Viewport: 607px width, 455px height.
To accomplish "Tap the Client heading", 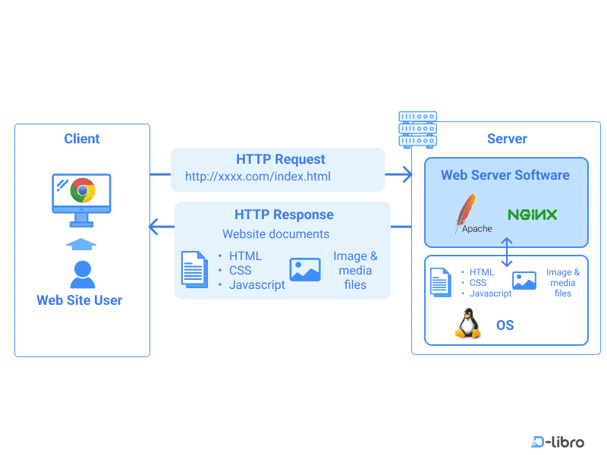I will point(82,139).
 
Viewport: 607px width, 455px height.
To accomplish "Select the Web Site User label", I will point(80,300).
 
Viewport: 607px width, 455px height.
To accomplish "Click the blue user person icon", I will point(82,274).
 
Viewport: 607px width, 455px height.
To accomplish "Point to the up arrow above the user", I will point(82,243).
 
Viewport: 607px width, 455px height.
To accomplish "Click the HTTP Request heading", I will point(281,159).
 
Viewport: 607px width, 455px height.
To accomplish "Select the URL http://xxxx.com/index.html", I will point(258,177).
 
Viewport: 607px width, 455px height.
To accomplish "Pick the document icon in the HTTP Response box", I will point(194,269).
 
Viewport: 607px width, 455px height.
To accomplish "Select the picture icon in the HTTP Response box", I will point(305,270).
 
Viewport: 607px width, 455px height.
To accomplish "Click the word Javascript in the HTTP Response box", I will point(257,285).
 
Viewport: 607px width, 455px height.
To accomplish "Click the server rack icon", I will point(418,130).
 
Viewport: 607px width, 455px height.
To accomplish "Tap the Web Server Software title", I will point(505,175).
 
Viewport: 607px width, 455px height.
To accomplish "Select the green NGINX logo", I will point(533,215).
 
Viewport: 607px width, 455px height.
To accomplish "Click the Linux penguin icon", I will point(468,324).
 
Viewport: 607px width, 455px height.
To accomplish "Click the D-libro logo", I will point(558,441).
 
